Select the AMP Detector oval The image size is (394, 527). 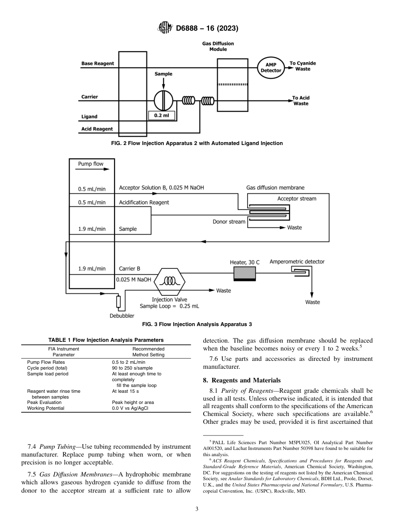(270, 68)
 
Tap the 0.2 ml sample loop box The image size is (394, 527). (162, 116)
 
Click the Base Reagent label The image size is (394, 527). (97, 63)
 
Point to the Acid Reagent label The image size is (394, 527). (97, 129)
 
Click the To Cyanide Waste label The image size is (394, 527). (303, 66)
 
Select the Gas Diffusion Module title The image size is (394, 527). (218, 46)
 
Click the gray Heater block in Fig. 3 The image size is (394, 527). (244, 273)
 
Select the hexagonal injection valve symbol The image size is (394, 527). (169, 281)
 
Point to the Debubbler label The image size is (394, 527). (122, 316)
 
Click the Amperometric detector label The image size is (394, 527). (297, 261)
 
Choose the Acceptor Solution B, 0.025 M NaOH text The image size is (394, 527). (161, 188)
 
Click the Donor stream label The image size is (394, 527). (229, 222)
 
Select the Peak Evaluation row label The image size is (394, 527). (44, 402)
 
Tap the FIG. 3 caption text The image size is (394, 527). (197, 324)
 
